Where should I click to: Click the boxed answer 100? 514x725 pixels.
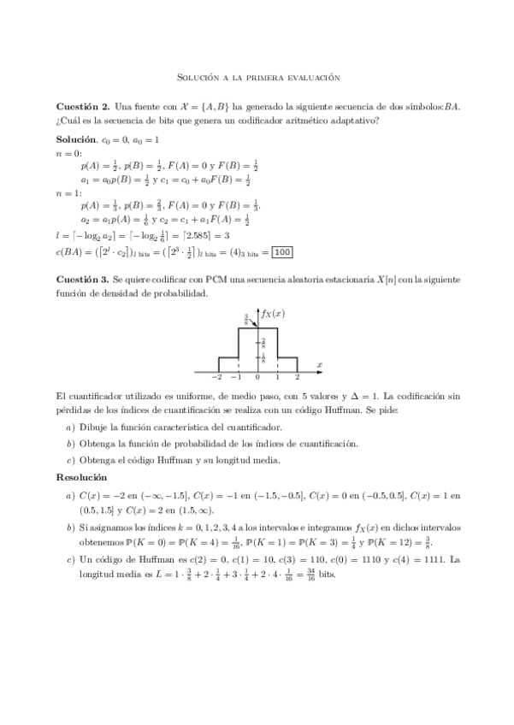283,251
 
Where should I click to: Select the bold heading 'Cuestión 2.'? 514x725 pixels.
82,107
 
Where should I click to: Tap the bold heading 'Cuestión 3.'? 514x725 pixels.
82,279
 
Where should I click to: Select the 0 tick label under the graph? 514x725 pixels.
258,377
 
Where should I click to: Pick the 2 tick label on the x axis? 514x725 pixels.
297,377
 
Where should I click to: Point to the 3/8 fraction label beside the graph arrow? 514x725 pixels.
222,319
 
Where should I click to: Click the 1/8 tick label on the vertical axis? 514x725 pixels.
263,357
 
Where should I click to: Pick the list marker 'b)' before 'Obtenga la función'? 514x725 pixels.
70,443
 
